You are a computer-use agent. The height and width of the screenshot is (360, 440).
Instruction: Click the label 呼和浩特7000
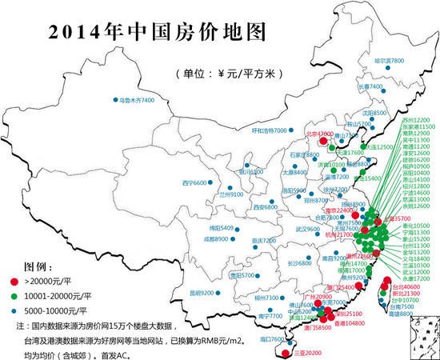(x=269, y=130)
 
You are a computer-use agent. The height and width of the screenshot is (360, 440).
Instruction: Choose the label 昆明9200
(x=202, y=293)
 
